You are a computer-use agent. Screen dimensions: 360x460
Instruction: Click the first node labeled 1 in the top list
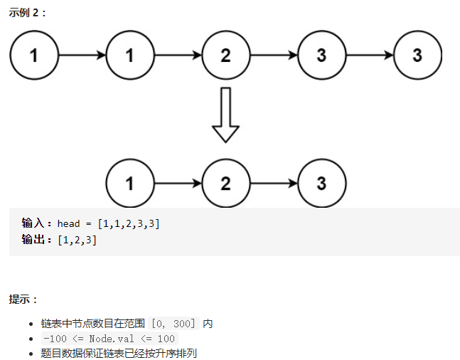pos(34,55)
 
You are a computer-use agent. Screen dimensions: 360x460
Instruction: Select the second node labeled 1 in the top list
pos(129,55)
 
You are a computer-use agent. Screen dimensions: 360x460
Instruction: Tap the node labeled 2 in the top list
pos(225,55)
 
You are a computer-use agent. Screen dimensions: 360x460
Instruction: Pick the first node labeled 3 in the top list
pos(321,55)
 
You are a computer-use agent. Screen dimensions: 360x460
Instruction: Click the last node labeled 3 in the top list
pos(417,55)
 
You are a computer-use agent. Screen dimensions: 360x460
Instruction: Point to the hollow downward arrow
pos(225,114)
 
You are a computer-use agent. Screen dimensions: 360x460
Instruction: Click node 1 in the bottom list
pos(129,183)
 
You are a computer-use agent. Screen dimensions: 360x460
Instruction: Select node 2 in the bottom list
pos(225,183)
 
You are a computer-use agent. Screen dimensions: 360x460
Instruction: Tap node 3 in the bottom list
pos(321,183)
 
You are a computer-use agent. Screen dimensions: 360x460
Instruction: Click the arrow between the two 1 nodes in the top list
pos(82,55)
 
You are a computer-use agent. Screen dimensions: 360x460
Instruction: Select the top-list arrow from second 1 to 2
pos(178,55)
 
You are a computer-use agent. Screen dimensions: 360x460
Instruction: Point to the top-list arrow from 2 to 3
pos(274,55)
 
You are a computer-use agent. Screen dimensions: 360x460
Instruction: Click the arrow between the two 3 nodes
pos(369,55)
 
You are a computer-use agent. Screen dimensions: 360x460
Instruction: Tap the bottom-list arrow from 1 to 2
pos(178,183)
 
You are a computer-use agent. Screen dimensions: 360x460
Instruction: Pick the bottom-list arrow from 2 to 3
pos(274,183)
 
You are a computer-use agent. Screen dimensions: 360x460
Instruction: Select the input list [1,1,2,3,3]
pos(131,224)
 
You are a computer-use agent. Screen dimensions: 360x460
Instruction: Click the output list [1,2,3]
pos(77,240)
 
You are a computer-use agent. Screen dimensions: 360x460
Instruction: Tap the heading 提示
pos(23,300)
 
